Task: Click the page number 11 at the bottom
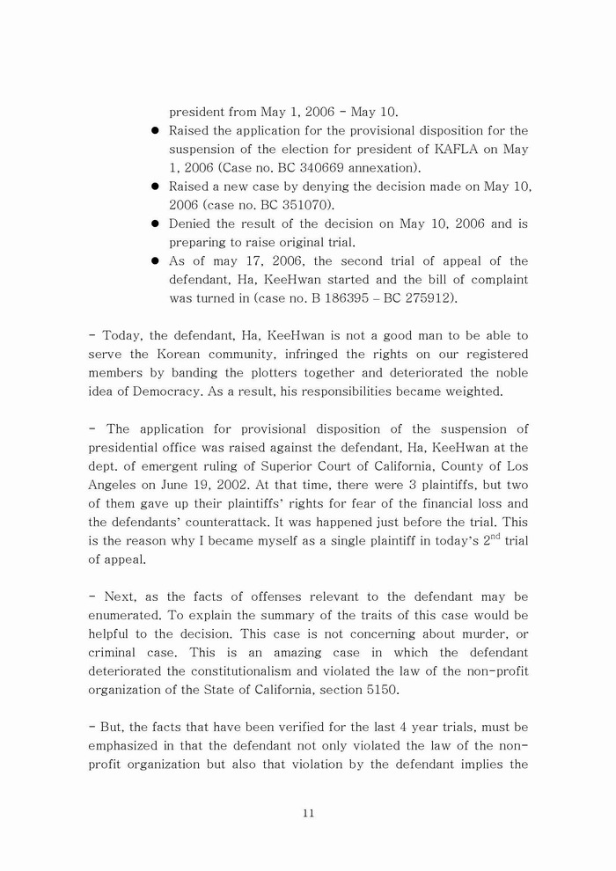click(x=308, y=814)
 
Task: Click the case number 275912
click(x=431, y=298)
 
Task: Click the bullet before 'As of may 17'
click(x=155, y=261)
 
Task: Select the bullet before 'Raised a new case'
click(x=155, y=187)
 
